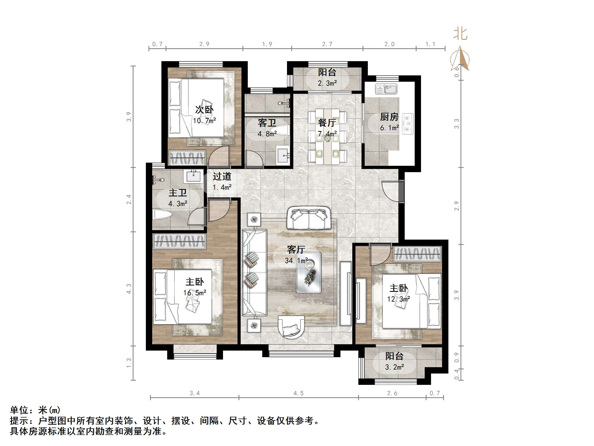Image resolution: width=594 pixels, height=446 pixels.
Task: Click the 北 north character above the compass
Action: (x=460, y=34)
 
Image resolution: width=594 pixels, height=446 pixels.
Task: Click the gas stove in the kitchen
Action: (x=408, y=124)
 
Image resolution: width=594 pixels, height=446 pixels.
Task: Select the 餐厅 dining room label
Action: (x=327, y=123)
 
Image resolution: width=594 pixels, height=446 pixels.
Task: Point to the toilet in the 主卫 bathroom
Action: (x=162, y=215)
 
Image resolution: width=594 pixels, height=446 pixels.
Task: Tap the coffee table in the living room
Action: (x=309, y=273)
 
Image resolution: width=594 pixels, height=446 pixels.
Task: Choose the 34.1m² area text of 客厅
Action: (x=296, y=260)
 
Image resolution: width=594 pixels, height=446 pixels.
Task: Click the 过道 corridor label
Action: (x=222, y=176)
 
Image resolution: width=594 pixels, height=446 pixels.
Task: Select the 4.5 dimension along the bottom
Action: (x=298, y=393)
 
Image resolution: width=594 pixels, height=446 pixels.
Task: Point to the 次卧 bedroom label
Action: (x=204, y=109)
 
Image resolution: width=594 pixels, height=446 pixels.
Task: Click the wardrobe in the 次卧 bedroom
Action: (x=187, y=158)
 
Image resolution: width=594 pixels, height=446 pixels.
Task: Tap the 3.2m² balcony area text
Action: (x=394, y=367)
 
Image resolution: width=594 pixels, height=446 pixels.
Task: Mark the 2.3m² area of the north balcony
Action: (x=327, y=83)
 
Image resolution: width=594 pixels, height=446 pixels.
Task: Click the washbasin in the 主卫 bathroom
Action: (x=193, y=176)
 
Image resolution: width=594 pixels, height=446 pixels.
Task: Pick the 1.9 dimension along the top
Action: (x=267, y=44)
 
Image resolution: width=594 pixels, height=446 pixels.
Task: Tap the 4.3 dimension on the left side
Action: (x=129, y=289)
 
